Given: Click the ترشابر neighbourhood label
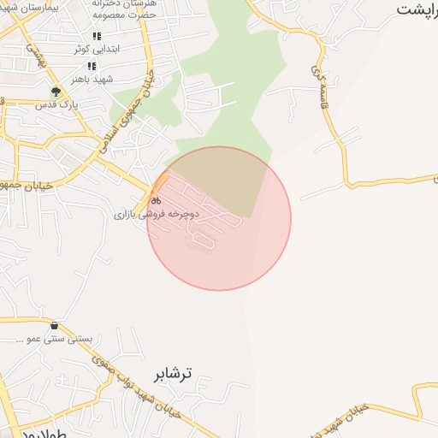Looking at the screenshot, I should [x=173, y=373].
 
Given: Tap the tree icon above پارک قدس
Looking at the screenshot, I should [x=56, y=92].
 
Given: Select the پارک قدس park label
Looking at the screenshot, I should [x=56, y=104].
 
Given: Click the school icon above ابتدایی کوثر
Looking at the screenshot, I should [x=96, y=37].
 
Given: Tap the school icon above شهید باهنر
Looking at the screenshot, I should [x=91, y=66].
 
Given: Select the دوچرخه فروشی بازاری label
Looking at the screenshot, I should [x=157, y=214].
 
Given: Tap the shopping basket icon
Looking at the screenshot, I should [x=56, y=326].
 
